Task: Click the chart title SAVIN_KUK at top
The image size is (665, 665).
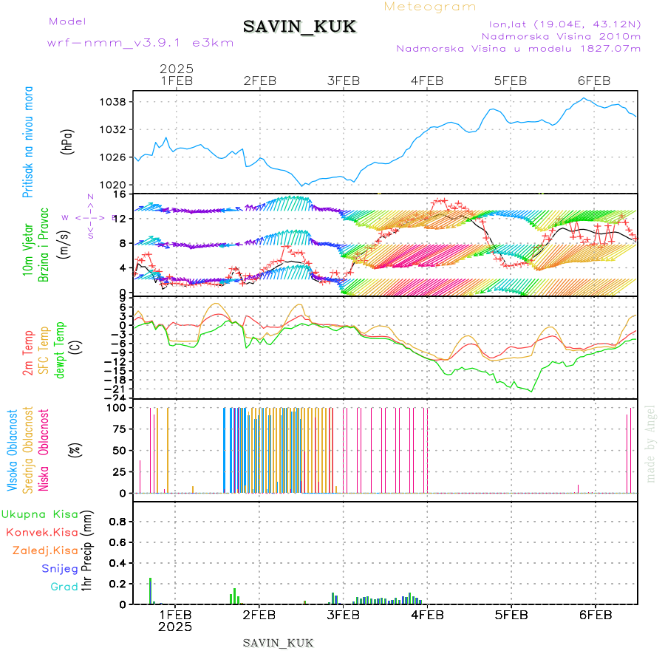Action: coord(300,27)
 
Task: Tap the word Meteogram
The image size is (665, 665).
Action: coord(431,7)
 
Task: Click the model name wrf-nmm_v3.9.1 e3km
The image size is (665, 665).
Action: coord(140,42)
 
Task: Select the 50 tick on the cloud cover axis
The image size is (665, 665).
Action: coord(117,450)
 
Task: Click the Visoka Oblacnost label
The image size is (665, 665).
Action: coord(13,450)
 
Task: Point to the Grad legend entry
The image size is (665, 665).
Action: coord(64,587)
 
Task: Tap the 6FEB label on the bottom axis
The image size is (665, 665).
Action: coord(594,614)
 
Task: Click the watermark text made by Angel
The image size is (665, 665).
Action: coord(651,443)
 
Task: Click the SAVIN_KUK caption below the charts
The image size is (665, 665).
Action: coord(279,643)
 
